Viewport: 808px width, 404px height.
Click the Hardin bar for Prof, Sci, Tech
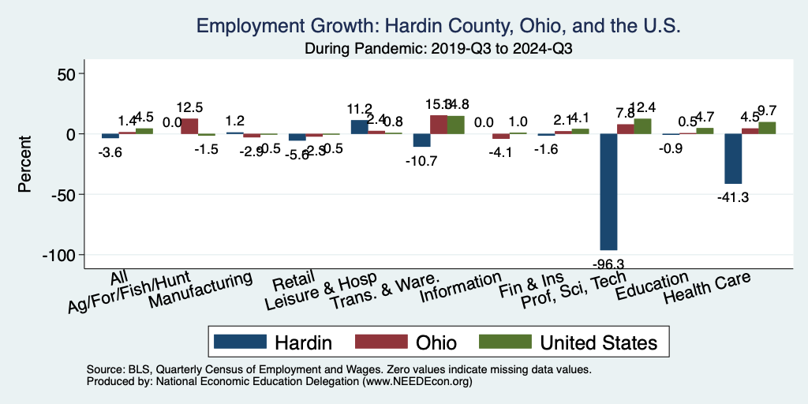(608, 192)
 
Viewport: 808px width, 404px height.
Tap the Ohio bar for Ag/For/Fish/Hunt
(189, 126)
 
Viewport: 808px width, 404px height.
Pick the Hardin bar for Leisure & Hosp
(359, 127)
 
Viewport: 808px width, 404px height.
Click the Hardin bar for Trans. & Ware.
(422, 140)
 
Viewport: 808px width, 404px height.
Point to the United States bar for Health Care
(767, 128)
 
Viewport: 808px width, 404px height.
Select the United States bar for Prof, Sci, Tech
(642, 126)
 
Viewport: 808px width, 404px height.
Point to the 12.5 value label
(189, 107)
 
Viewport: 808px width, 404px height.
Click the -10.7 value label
(422, 160)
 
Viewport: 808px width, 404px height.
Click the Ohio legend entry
(410, 342)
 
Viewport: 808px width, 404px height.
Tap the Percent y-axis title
(24, 164)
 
